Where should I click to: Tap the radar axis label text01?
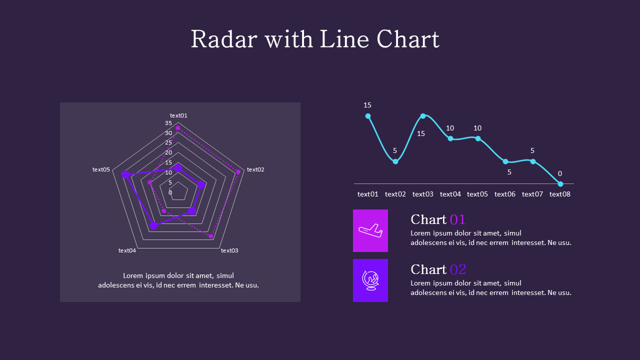[178, 115]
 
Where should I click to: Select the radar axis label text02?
[255, 169]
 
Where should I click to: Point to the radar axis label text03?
[229, 250]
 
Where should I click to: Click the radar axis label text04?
[127, 250]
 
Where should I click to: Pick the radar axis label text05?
[101, 169]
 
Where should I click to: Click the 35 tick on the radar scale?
[168, 123]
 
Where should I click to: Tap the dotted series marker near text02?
[238, 172]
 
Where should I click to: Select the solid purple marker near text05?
[125, 174]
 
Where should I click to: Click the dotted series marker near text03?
[210, 236]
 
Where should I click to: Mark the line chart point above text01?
[368, 116]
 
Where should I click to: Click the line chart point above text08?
[560, 184]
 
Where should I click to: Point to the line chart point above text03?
[423, 116]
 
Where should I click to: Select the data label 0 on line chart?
[560, 173]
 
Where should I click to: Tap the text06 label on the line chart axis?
[505, 194]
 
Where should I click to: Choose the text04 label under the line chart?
[450, 194]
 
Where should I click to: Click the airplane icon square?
[370, 230]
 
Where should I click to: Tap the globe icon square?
[370, 280]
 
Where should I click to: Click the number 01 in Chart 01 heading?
[457, 219]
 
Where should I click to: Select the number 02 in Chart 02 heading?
[457, 269]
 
